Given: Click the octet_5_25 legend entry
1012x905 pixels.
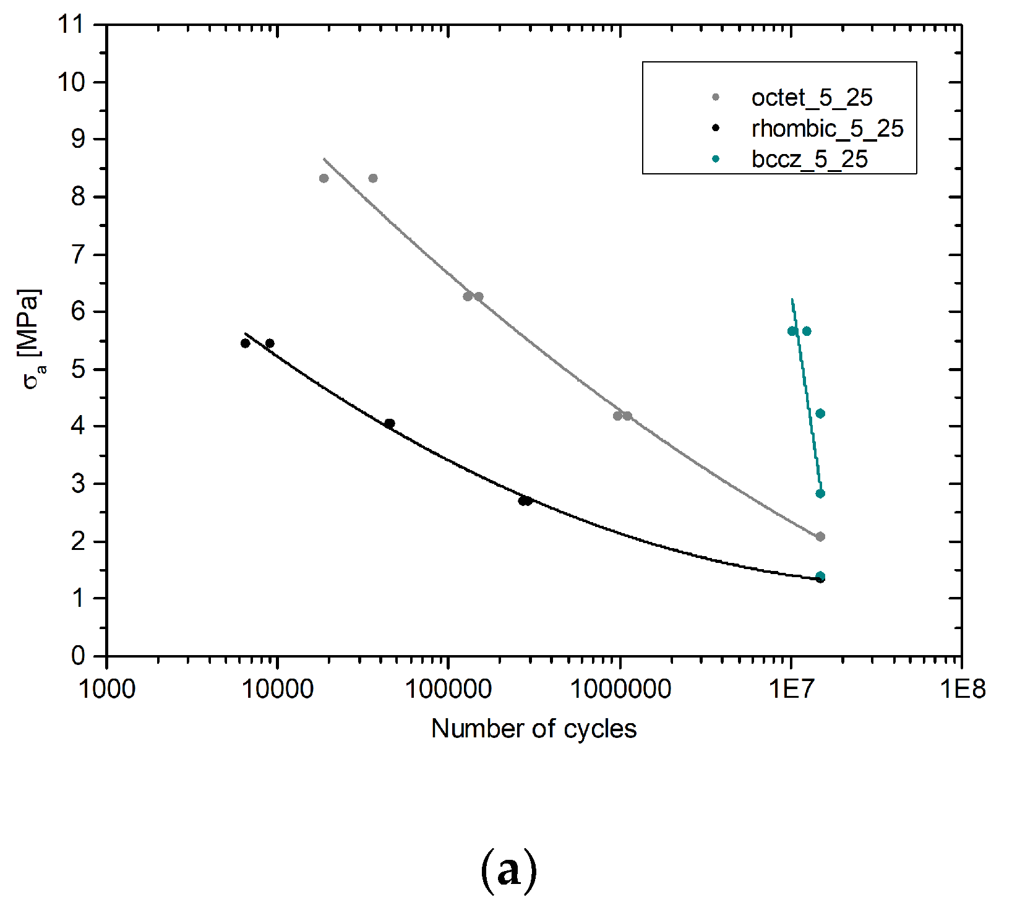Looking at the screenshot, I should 811,98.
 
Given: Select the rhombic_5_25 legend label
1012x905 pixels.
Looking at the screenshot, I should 827,129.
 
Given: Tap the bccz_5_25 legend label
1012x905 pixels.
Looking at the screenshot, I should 809,160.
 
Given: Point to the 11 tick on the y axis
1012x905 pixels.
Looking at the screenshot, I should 70,25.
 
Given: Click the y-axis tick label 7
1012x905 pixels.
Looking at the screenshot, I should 78,254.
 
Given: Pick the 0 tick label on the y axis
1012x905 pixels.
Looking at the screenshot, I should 78,656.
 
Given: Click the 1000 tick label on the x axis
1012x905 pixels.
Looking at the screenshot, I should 107,688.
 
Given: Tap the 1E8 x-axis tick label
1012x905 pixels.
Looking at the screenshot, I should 962,688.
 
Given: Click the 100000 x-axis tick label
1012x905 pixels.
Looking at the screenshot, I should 448,688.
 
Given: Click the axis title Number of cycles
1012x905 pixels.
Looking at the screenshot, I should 533,729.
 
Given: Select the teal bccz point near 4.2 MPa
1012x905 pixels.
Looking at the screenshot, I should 820,414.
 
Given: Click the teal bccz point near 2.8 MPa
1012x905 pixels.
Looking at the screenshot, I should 820,494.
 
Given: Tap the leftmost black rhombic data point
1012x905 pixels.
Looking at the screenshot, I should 245,343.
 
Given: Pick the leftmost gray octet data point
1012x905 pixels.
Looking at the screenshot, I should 324,179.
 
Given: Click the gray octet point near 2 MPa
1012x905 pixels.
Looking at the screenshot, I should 820,537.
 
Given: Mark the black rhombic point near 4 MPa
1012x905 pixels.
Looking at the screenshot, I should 390,424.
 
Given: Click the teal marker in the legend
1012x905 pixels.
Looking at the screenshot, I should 716,160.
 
